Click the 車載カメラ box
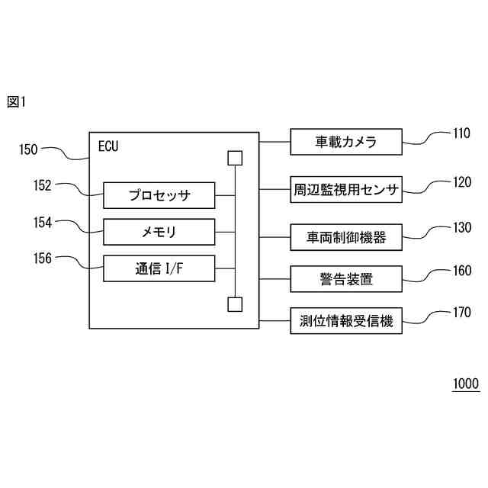coord(346,142)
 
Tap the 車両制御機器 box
coord(346,237)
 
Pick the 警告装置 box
coord(346,279)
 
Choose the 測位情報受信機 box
coord(346,321)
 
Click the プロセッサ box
coord(159,195)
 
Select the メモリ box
coord(159,230)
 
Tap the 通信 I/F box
coord(159,268)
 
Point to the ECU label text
coord(109,145)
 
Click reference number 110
coord(462,134)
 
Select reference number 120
coord(462,182)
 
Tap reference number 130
coord(462,228)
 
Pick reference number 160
coord(462,270)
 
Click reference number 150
coord(28,149)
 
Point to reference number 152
coord(43,185)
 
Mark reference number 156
coord(43,258)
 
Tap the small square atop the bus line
coord(235,159)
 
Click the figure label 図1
coord(16,101)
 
